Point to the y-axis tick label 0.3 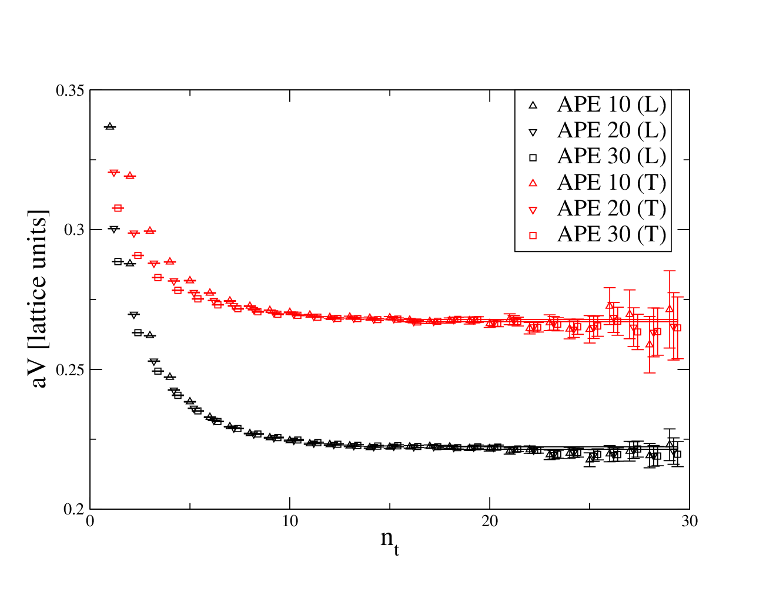click(x=74, y=230)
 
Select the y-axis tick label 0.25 click(x=70, y=370)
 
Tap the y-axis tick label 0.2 click(x=74, y=509)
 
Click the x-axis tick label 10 click(x=290, y=521)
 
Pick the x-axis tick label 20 click(x=490, y=521)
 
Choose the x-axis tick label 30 click(x=689, y=521)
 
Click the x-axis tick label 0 click(x=90, y=521)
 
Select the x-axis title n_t click(x=390, y=541)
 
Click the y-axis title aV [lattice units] click(x=38, y=298)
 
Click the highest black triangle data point click(x=110, y=126)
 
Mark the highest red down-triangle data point click(x=114, y=173)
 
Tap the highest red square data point click(x=118, y=208)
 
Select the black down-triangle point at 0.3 click(x=114, y=230)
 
